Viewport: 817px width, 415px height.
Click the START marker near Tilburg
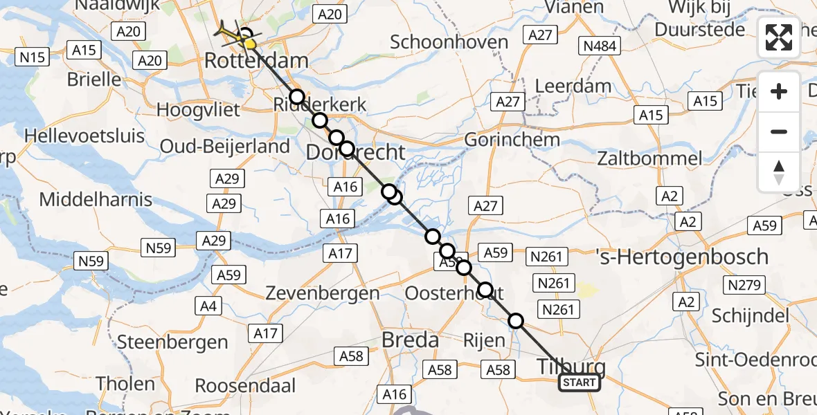click(x=580, y=382)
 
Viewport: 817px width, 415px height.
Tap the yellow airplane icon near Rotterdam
click(x=233, y=34)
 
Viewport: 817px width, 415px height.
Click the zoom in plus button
click(x=779, y=91)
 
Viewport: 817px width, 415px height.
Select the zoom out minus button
click(x=779, y=131)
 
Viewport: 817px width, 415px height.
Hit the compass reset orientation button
click(x=779, y=172)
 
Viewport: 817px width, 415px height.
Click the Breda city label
click(x=411, y=340)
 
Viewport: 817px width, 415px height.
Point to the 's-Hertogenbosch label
click(x=682, y=257)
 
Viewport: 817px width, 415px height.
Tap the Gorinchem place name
click(x=512, y=139)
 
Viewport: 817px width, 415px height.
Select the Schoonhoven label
click(x=449, y=41)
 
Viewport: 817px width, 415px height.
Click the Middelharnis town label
click(x=96, y=200)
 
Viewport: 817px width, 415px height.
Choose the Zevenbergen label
click(x=323, y=293)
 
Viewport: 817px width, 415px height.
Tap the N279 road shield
click(x=744, y=284)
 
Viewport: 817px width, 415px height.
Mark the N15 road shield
click(x=33, y=57)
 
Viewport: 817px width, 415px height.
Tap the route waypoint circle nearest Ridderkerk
click(x=297, y=97)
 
